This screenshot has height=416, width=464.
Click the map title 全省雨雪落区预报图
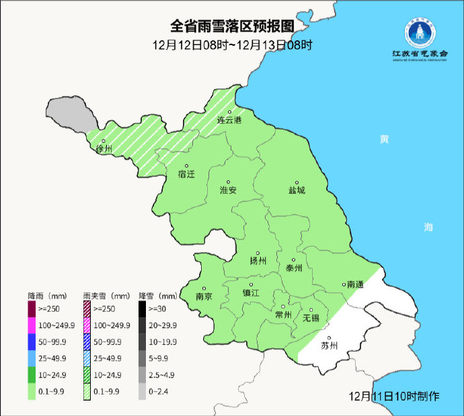point(232,26)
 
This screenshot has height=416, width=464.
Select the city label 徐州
point(104,149)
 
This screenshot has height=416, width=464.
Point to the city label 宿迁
point(186,174)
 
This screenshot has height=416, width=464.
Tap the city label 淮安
point(229,190)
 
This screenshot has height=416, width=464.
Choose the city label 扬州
point(258,261)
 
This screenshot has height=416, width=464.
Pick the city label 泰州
point(295,267)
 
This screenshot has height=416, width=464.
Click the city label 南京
point(204,296)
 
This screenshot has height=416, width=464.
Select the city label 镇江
point(251,294)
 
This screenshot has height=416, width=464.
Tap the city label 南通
point(354,285)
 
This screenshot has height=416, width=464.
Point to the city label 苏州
point(330,347)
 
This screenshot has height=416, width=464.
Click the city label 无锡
point(311,317)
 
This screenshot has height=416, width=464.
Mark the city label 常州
point(283,315)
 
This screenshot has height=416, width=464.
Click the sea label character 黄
point(384,139)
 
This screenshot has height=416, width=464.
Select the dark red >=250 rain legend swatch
point(32,310)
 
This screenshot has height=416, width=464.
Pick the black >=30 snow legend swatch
point(143,310)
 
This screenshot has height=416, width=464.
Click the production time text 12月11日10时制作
point(395,396)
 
